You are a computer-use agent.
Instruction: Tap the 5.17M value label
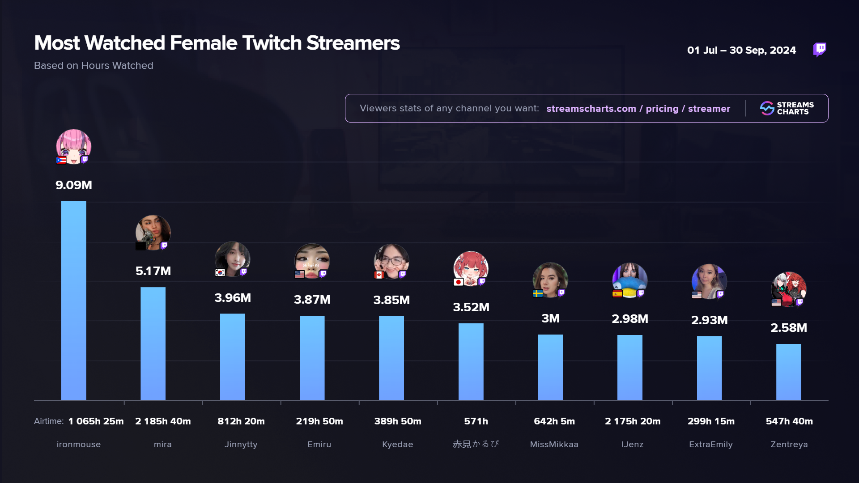153,271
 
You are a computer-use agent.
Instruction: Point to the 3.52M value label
471,307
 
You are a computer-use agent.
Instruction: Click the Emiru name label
319,445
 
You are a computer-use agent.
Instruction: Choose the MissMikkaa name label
554,445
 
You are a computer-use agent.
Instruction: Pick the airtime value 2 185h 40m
163,421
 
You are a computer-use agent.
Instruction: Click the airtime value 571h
476,421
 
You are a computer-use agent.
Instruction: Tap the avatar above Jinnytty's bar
232,259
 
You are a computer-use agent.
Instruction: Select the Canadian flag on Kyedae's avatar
379,275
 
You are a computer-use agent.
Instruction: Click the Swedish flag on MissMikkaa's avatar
538,293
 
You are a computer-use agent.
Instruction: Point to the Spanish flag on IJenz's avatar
617,294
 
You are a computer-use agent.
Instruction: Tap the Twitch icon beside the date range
819,49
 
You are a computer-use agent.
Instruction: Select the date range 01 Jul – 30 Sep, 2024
741,50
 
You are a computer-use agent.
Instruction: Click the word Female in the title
204,43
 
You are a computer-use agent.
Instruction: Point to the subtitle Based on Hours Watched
94,66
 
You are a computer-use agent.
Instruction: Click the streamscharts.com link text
591,109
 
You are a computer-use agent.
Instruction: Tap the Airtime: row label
49,421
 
